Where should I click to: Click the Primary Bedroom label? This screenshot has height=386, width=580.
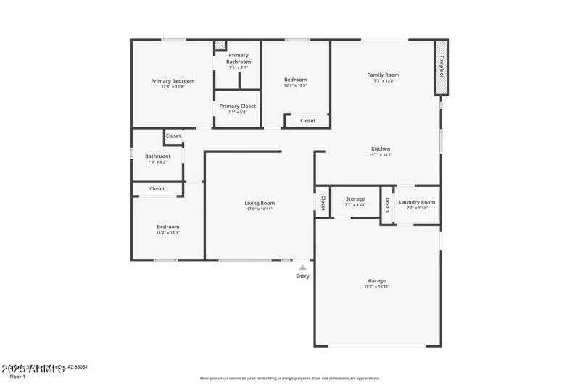pos(167,80)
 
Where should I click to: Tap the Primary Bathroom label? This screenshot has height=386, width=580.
pos(239,59)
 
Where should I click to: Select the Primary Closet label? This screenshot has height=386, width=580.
pos(238,106)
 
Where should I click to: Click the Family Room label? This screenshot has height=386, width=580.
pos(383,75)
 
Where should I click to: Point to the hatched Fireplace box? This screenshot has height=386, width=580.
pos(439,67)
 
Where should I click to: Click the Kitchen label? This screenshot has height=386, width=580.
pos(381,148)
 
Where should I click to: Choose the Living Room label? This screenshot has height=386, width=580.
pos(259,203)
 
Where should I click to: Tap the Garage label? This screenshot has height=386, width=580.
pos(376,280)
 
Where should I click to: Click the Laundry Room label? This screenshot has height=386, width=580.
pos(417,202)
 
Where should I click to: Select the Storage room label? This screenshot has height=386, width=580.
pos(355,198)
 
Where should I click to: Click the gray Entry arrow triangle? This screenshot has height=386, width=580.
pos(302,267)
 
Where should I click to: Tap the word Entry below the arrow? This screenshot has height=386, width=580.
pos(302,276)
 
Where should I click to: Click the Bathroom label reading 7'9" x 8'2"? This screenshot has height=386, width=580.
pos(157,156)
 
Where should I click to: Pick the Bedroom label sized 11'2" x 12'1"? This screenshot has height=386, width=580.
pos(168,227)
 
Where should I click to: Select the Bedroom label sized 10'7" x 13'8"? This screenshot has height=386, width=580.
pos(295,80)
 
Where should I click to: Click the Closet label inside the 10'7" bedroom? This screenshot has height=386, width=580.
pos(307,121)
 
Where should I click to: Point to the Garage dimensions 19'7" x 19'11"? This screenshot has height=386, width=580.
pos(376,287)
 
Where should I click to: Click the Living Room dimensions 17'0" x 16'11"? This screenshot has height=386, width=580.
pos(259,209)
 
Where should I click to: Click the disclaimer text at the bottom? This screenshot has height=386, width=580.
pos(289,378)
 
